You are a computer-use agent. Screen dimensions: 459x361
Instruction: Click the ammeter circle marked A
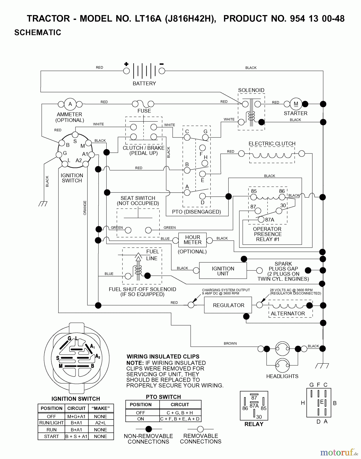tap(70, 104)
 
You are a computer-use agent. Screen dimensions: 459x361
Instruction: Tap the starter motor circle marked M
tap(296, 104)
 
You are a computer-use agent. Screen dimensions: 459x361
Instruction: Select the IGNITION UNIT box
tap(223, 271)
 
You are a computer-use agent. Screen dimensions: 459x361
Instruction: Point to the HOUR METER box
tap(192, 240)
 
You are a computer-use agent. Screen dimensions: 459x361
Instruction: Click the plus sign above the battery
tap(126, 64)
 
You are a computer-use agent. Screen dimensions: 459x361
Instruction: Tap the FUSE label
tap(144, 111)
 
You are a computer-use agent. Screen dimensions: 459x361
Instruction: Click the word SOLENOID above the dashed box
tap(251, 90)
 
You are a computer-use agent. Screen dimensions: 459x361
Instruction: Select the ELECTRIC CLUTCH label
tap(272, 144)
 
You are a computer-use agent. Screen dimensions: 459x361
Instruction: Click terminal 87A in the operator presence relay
tap(261, 219)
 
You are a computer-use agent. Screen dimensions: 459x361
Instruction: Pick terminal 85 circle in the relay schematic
tap(253, 197)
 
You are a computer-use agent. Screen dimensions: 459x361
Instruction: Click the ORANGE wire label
tap(85, 208)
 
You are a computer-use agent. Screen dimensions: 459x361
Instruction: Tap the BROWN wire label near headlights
tap(230, 343)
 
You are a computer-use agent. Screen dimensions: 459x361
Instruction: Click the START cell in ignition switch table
tap(51, 436)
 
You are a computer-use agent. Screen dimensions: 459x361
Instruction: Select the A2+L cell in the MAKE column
tap(101, 423)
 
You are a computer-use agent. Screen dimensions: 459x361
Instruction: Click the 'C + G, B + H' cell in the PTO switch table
tap(180, 413)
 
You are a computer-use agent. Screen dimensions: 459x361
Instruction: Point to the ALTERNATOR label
tap(288, 314)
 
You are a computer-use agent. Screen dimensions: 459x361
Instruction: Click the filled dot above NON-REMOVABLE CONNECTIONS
tap(148, 429)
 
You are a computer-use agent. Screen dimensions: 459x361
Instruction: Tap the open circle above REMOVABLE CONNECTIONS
tap(200, 429)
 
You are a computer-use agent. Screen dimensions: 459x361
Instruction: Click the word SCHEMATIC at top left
tap(38, 32)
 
